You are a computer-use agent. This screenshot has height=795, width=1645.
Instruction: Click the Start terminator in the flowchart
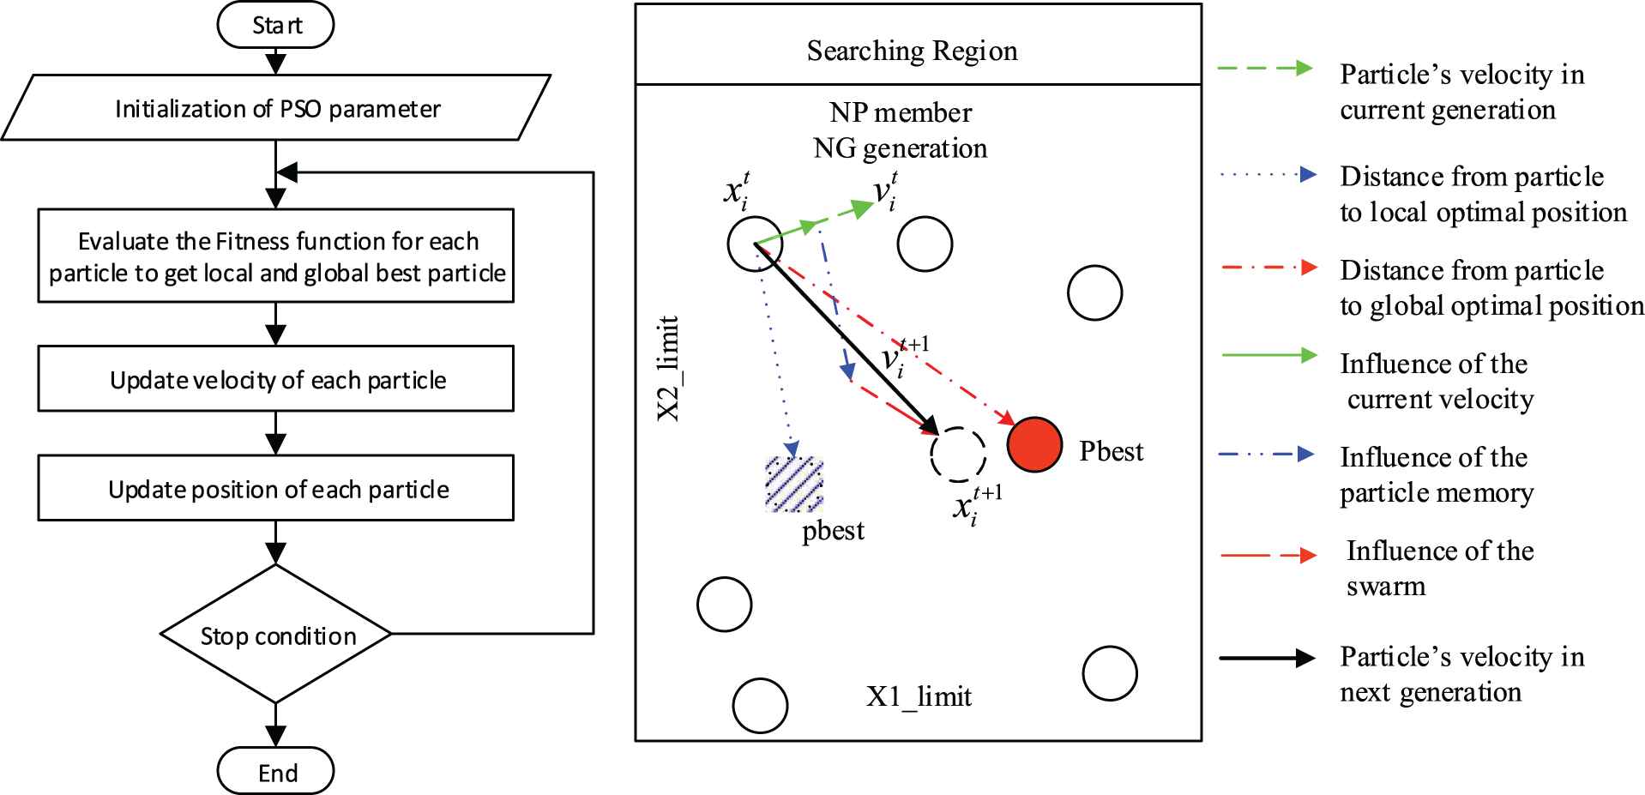[x=275, y=26]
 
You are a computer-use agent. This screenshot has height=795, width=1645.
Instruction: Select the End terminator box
[x=275, y=772]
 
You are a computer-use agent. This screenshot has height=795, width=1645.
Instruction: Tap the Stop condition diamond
[x=276, y=635]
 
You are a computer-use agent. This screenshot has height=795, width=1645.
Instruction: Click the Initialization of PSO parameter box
[x=276, y=108]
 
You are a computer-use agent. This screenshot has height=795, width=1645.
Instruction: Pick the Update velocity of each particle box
[x=276, y=379]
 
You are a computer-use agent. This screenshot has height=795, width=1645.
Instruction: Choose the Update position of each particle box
[x=276, y=488]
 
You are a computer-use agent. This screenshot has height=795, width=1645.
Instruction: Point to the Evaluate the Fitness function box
[x=276, y=256]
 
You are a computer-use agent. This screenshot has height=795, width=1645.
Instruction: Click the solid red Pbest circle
[x=1035, y=444]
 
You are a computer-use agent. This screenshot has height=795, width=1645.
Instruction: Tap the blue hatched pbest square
[x=794, y=485]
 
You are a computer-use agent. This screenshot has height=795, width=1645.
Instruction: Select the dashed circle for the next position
[x=957, y=455]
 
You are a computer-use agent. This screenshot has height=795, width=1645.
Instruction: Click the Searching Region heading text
[x=912, y=51]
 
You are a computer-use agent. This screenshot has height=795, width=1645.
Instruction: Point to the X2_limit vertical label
[x=668, y=369]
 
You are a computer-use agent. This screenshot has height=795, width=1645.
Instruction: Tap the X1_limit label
[x=919, y=696]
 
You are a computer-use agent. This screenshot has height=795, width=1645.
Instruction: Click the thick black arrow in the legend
[x=1267, y=658]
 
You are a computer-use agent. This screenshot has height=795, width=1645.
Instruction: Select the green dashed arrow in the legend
[x=1265, y=69]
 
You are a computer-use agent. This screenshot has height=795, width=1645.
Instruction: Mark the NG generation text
[x=900, y=148]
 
